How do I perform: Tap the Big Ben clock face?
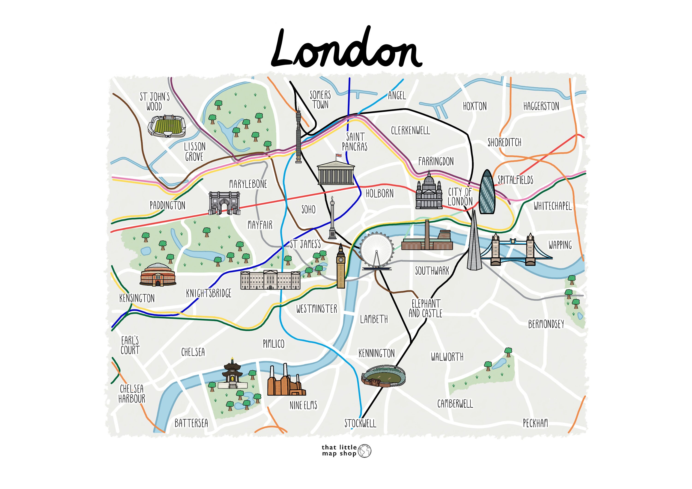click(340, 259)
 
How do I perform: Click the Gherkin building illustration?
click(487, 193)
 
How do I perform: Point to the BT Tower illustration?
click(298, 136)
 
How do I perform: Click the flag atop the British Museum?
click(339, 155)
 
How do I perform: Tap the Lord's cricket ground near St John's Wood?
click(167, 126)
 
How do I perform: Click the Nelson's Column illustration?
click(332, 218)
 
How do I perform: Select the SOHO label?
click(308, 209)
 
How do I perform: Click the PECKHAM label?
click(535, 423)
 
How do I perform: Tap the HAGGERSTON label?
click(541, 106)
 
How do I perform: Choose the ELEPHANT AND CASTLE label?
click(425, 308)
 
